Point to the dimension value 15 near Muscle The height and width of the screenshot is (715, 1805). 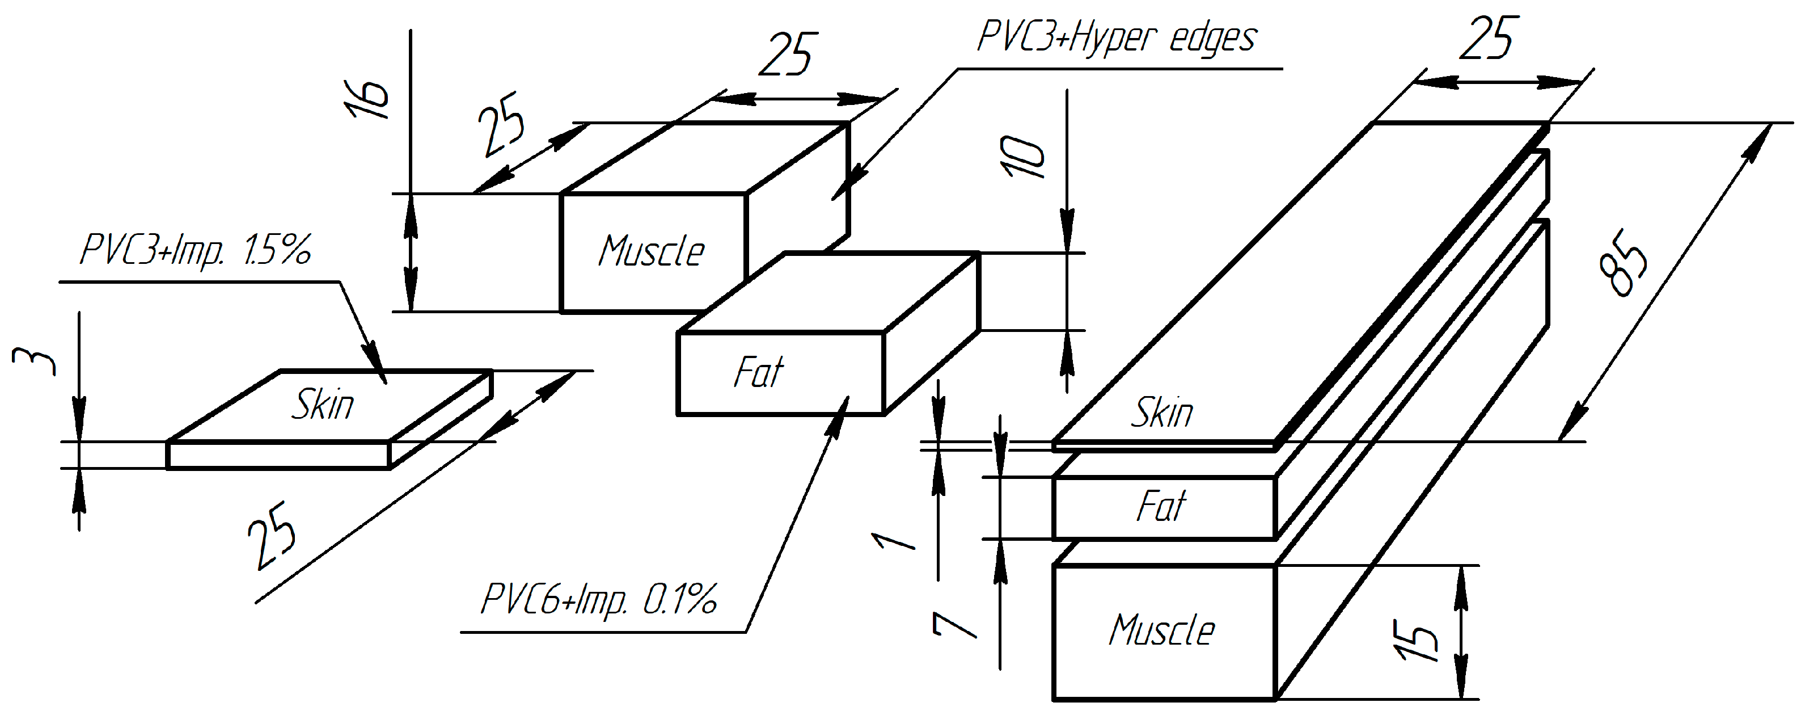tap(1417, 640)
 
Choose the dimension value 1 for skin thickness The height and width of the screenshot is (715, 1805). tap(893, 541)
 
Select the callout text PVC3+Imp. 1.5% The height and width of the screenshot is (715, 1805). tap(196, 250)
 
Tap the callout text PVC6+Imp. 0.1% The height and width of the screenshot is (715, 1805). tap(599, 600)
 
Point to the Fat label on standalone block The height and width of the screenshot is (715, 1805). tap(758, 372)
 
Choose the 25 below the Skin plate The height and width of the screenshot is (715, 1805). tap(273, 534)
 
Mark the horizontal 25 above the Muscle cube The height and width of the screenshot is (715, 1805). tap(788, 54)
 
